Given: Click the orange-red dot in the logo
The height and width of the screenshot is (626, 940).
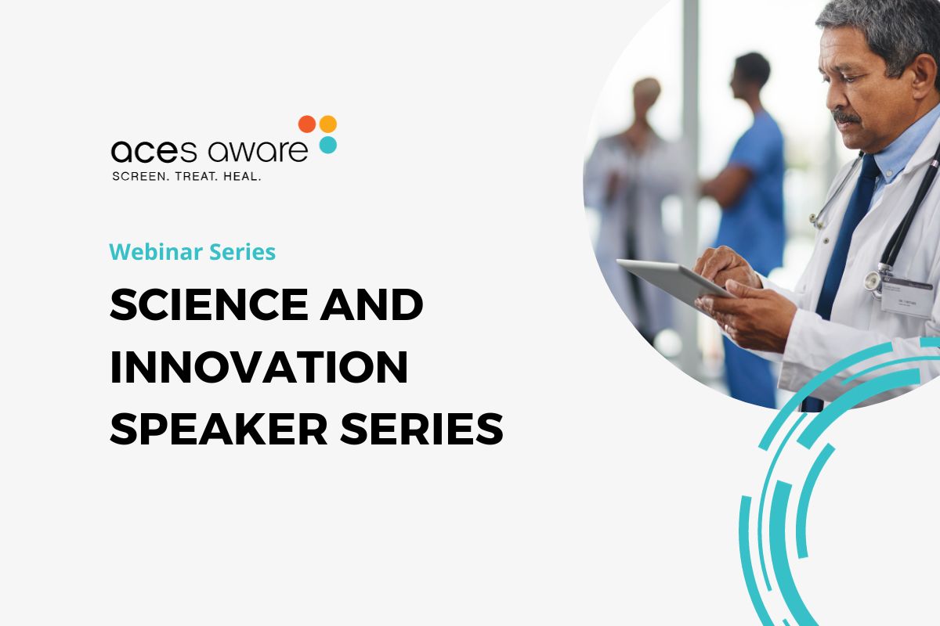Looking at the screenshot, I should (x=307, y=124).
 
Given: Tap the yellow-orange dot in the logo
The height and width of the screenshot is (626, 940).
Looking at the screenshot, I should (x=328, y=124).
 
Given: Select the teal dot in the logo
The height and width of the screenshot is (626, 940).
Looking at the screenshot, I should (x=328, y=145).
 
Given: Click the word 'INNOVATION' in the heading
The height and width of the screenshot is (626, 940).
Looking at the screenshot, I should (x=258, y=366).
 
